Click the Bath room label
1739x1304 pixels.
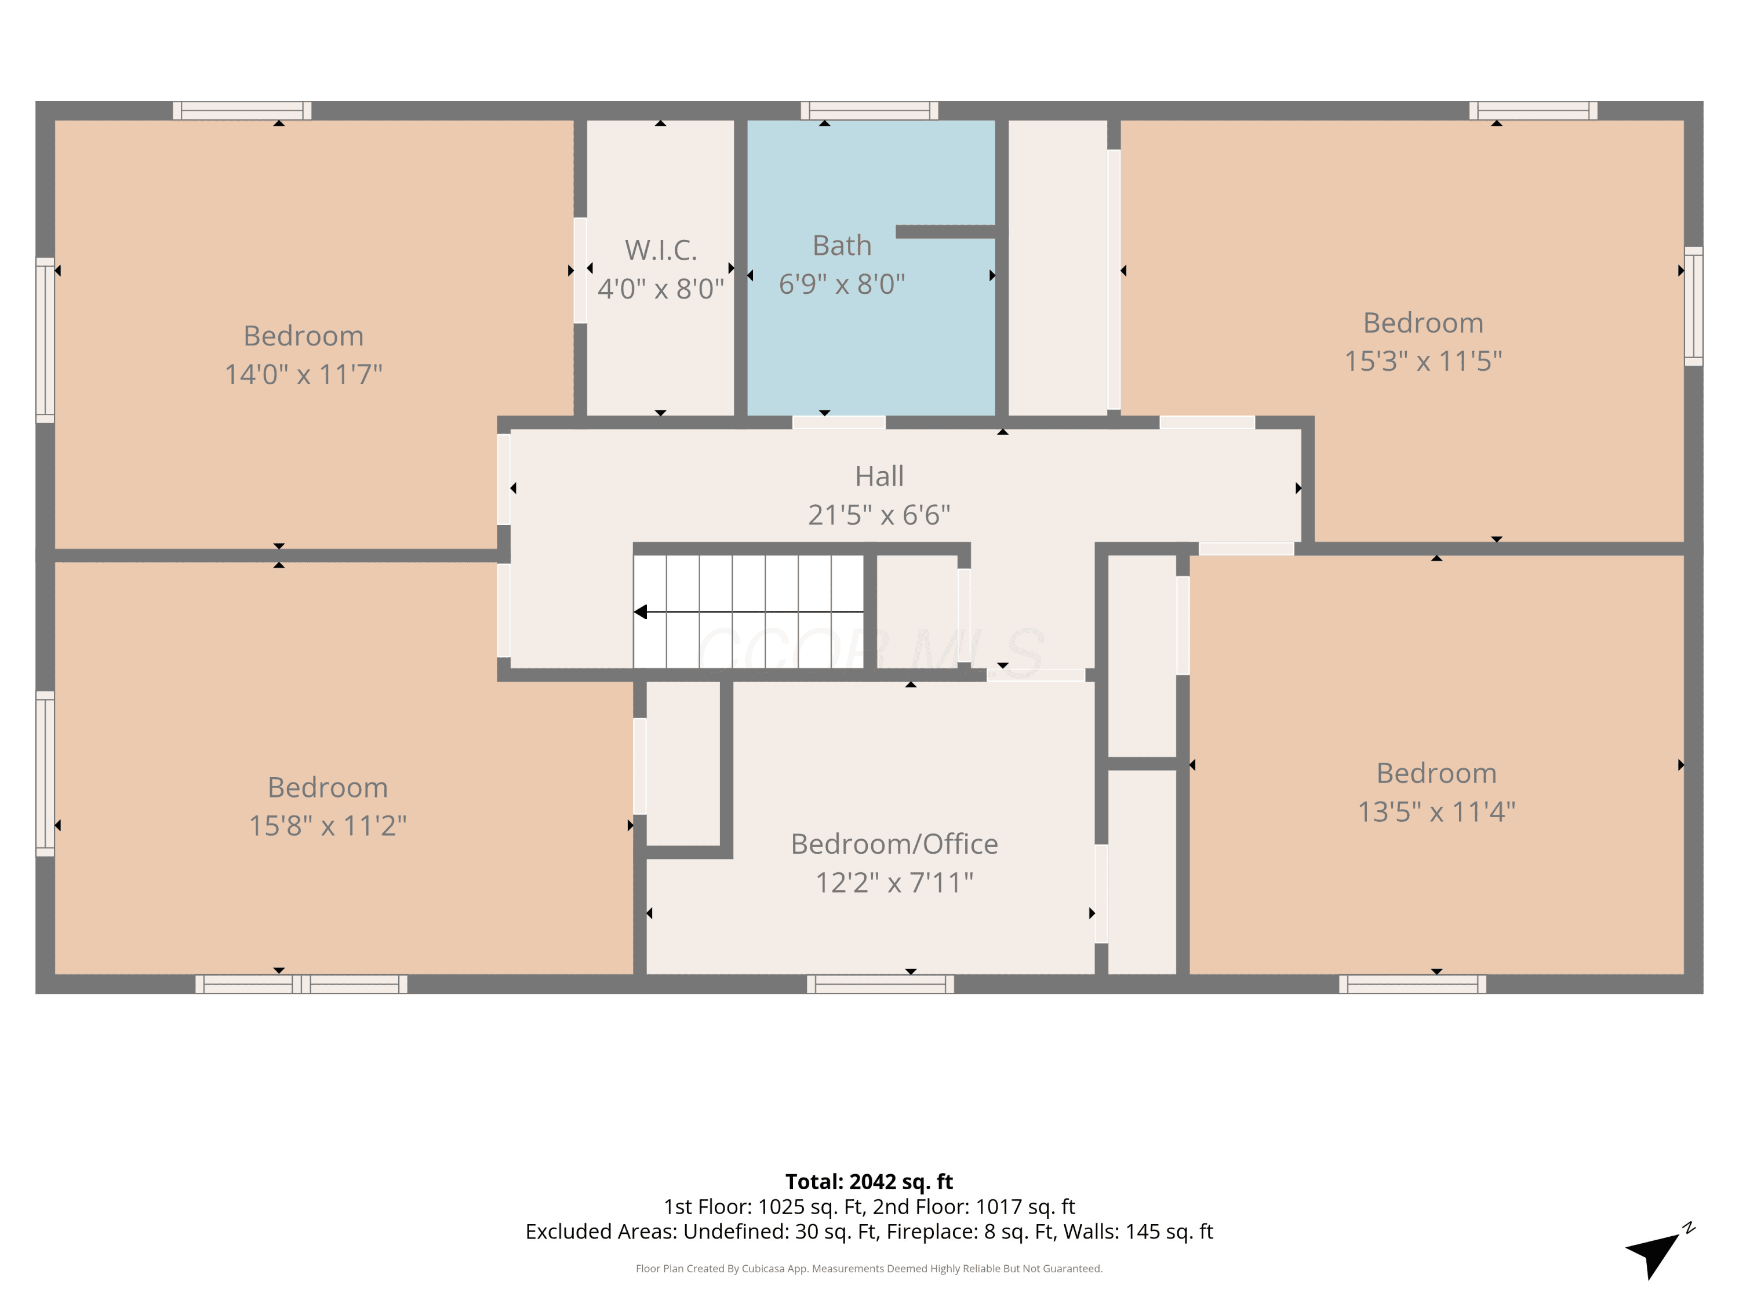pos(842,246)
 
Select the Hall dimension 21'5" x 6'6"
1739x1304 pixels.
pos(879,515)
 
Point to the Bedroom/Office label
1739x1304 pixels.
pos(894,844)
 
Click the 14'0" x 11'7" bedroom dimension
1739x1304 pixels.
pos(304,374)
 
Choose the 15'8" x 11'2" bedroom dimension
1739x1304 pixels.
pos(328,825)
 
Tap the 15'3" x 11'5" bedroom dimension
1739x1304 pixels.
pos(1423,361)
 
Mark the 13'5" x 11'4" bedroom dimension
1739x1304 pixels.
pos(1436,811)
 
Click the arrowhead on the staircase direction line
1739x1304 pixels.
pos(641,611)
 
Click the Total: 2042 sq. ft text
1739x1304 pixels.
pos(869,1181)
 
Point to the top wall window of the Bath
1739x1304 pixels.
pos(869,111)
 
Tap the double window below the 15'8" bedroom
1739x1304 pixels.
pos(301,984)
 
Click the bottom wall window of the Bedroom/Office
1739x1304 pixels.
pos(881,984)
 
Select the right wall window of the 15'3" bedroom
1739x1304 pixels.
pos(1693,307)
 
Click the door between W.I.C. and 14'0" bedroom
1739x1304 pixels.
pos(580,271)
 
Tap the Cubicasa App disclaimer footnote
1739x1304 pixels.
pos(869,1268)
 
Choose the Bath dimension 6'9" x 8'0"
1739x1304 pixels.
pos(842,284)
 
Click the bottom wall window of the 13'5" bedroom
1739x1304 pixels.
pos(1413,984)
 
